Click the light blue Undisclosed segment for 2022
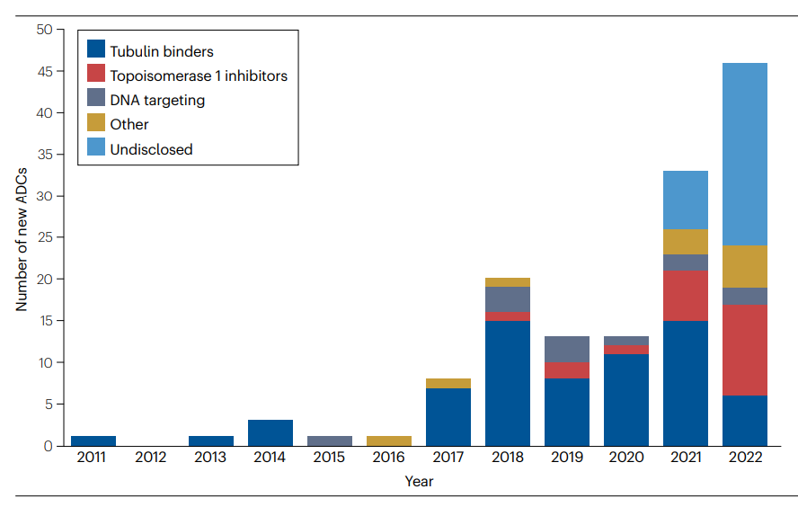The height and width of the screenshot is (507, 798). [745, 154]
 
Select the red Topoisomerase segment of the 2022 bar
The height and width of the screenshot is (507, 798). [745, 350]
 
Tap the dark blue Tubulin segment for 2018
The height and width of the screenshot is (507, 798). [508, 383]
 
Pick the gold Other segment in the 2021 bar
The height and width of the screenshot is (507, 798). [686, 242]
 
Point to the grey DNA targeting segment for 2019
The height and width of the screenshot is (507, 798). [567, 350]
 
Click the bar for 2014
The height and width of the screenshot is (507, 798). [270, 432]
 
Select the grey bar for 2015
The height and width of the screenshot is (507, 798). [330, 440]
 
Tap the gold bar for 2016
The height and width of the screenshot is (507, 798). [389, 440]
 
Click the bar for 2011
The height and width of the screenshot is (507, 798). [93, 440]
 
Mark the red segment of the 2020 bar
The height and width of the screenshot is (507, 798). [626, 350]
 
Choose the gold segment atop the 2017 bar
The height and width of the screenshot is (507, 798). [448, 384]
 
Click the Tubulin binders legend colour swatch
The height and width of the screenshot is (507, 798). [96, 51]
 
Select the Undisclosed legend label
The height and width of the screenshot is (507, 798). [151, 149]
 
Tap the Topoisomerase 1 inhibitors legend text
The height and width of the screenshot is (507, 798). [199, 76]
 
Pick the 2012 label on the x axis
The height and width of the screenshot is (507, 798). [152, 458]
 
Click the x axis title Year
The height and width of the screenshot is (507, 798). [419, 482]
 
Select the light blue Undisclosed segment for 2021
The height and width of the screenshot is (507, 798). [686, 200]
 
